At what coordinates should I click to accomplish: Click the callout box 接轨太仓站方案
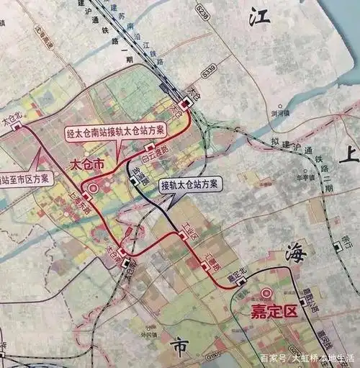point(192,184)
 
